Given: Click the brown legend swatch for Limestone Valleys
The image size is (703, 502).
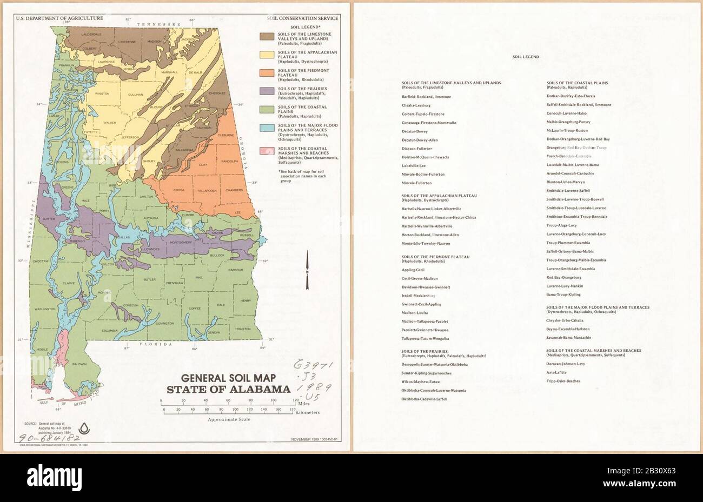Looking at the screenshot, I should [x=266, y=37].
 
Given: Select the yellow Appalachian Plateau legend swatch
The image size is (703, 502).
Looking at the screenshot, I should [x=266, y=55].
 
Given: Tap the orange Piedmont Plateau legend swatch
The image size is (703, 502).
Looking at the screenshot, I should [x=266, y=73].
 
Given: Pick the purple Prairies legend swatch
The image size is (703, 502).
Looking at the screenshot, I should [x=266, y=91].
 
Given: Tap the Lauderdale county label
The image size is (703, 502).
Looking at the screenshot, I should [x=76, y=34].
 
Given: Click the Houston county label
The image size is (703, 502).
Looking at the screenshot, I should [x=243, y=329].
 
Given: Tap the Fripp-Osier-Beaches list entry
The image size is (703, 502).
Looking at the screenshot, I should [x=563, y=381].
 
